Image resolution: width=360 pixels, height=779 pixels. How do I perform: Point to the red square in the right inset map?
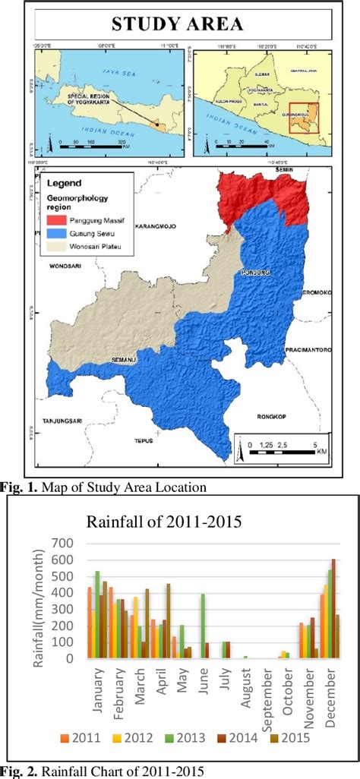(x=304, y=118)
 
